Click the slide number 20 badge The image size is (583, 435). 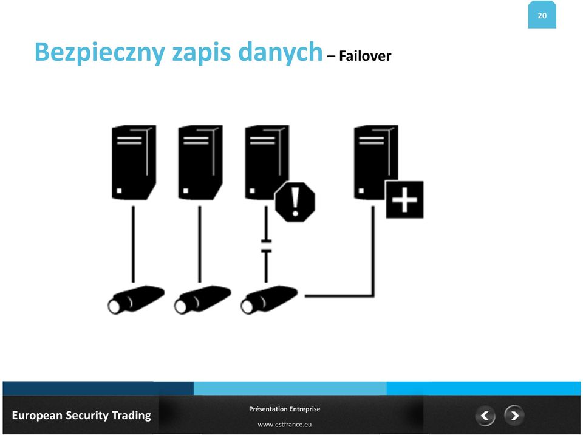(x=542, y=15)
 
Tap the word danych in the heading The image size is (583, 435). (x=280, y=52)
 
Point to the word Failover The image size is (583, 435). (x=365, y=56)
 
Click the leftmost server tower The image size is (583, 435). (x=134, y=162)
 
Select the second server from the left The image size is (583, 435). (x=200, y=162)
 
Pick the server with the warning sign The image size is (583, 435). (x=267, y=162)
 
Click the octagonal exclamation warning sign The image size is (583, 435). (x=295, y=202)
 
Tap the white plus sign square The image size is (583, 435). (x=404, y=200)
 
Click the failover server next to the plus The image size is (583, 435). (x=376, y=162)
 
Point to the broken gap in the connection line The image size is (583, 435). (x=266, y=246)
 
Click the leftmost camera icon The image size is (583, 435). (x=135, y=300)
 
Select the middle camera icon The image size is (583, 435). (x=202, y=300)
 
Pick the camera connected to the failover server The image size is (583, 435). (x=269, y=300)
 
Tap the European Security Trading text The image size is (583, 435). (x=81, y=416)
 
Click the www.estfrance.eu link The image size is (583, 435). (x=284, y=424)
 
